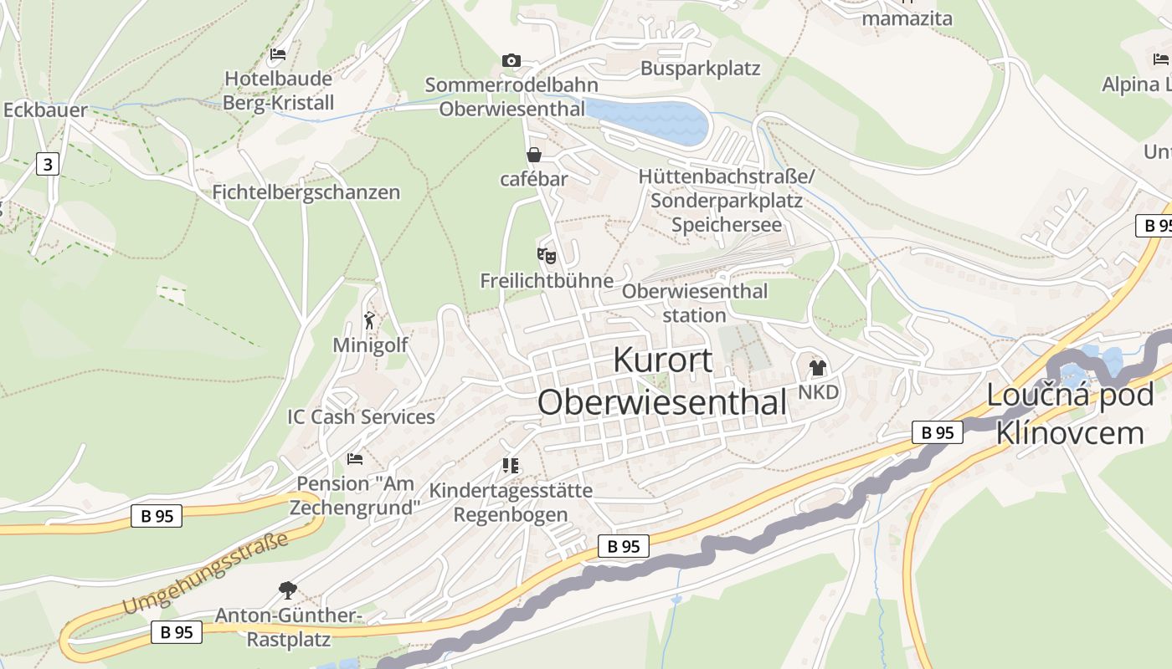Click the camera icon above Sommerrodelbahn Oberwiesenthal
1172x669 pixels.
point(511,60)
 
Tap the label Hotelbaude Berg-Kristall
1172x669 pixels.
point(278,90)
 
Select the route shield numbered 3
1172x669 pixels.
point(48,164)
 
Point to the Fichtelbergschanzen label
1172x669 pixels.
point(306,192)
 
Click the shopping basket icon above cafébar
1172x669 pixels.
point(533,155)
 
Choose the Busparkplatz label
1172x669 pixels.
point(700,69)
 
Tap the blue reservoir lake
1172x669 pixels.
point(649,120)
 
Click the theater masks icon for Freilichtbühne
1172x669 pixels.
point(547,255)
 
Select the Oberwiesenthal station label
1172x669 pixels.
point(694,303)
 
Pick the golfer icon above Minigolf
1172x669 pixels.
point(370,319)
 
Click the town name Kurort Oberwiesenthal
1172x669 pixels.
point(662,380)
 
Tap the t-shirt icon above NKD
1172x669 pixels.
point(818,367)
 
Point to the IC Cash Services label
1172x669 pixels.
point(361,416)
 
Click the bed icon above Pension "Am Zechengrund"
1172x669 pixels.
point(355,459)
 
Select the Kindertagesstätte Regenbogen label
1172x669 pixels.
point(511,502)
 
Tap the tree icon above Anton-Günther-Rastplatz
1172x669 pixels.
point(287,590)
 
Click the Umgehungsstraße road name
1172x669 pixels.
point(204,574)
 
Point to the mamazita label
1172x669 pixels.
point(907,18)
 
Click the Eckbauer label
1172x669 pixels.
point(45,110)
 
